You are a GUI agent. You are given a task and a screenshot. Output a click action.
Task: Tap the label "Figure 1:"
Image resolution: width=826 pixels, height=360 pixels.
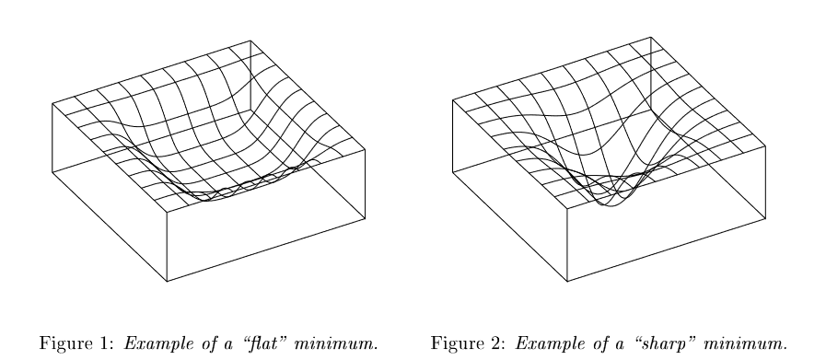(76, 343)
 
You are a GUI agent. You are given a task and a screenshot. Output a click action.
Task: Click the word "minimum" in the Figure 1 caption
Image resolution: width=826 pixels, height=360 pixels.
(335, 343)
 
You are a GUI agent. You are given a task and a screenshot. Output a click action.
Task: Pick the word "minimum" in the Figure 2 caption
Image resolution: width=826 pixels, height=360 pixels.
(744, 343)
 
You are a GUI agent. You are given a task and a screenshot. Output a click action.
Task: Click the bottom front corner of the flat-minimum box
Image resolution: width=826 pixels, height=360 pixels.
(167, 282)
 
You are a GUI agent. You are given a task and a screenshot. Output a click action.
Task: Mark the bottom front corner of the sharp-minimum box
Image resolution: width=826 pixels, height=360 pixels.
(567, 282)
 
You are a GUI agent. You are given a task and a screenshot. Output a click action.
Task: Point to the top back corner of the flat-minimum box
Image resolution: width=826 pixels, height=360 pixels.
(250, 41)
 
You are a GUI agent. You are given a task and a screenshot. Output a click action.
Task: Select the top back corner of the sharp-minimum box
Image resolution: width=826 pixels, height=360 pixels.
(651, 37)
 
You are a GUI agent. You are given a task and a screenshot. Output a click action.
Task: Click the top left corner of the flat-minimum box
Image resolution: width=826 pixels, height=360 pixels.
(52, 104)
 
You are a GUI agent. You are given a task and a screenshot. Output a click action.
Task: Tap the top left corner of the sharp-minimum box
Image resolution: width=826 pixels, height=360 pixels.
(452, 100)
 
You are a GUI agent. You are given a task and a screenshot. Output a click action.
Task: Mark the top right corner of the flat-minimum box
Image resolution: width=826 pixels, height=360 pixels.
(365, 150)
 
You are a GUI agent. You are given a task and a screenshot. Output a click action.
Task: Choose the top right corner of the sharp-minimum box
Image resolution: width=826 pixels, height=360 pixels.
(765, 146)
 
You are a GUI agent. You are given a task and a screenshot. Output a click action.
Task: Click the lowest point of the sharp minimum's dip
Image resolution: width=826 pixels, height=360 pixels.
(611, 206)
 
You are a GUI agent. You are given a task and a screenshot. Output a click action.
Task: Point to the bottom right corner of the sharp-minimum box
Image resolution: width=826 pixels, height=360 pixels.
(765, 218)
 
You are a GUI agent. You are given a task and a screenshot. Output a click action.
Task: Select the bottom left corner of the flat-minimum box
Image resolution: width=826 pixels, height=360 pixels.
(52, 172)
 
